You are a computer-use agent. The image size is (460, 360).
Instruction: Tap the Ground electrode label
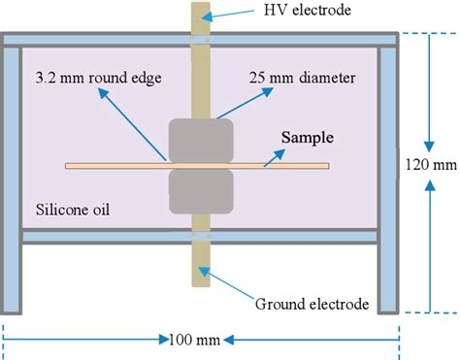pos(312,304)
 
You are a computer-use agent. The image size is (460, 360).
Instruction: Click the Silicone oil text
pos(72,210)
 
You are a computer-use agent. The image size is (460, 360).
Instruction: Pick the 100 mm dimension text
pos(198,340)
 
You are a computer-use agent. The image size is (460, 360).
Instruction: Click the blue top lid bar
pos(97,40)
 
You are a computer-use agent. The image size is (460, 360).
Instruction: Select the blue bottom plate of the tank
pos(97,236)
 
